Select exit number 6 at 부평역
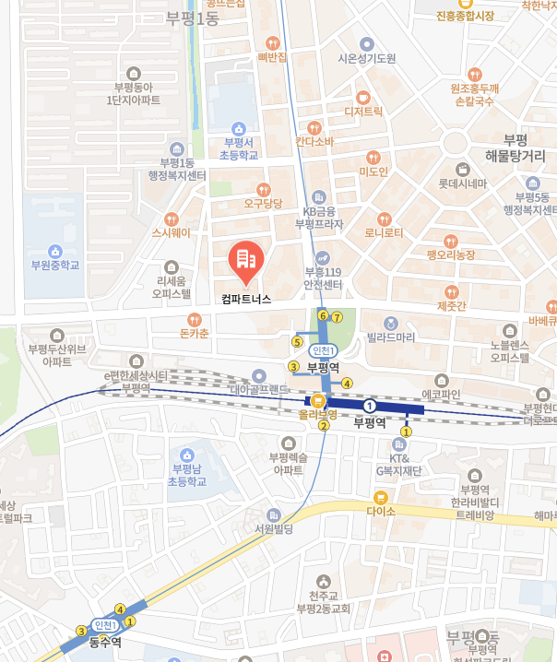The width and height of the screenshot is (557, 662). pyautogui.click(x=323, y=316)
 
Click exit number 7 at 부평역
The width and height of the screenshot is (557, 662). pyautogui.click(x=338, y=318)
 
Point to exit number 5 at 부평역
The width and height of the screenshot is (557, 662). pyautogui.click(x=297, y=341)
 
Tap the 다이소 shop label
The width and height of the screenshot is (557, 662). pyautogui.click(x=380, y=511)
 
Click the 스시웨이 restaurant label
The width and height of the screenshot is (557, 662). pyautogui.click(x=171, y=233)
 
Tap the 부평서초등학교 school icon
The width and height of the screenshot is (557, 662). pyautogui.click(x=238, y=128)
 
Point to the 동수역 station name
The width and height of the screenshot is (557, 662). pyautogui.click(x=105, y=643)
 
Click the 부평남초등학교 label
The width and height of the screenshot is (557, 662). pyautogui.click(x=187, y=475)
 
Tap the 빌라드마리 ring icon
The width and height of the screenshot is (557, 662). pyautogui.click(x=391, y=323)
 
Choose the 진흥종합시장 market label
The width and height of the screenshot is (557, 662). pyautogui.click(x=466, y=16)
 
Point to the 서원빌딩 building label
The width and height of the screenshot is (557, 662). pyautogui.click(x=274, y=529)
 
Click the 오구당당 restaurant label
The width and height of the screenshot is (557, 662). pyautogui.click(x=262, y=202)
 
